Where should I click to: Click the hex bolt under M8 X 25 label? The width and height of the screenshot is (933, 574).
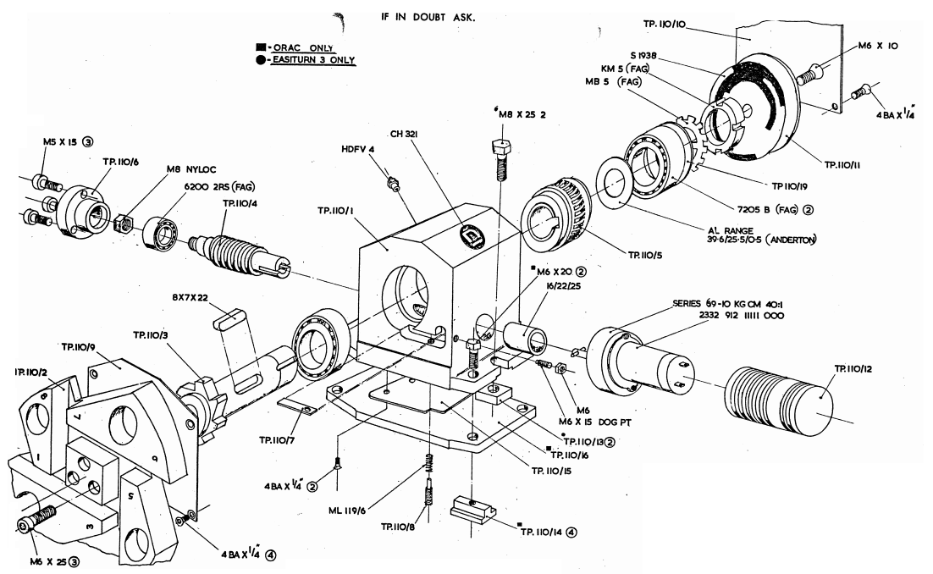click(x=500, y=157)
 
